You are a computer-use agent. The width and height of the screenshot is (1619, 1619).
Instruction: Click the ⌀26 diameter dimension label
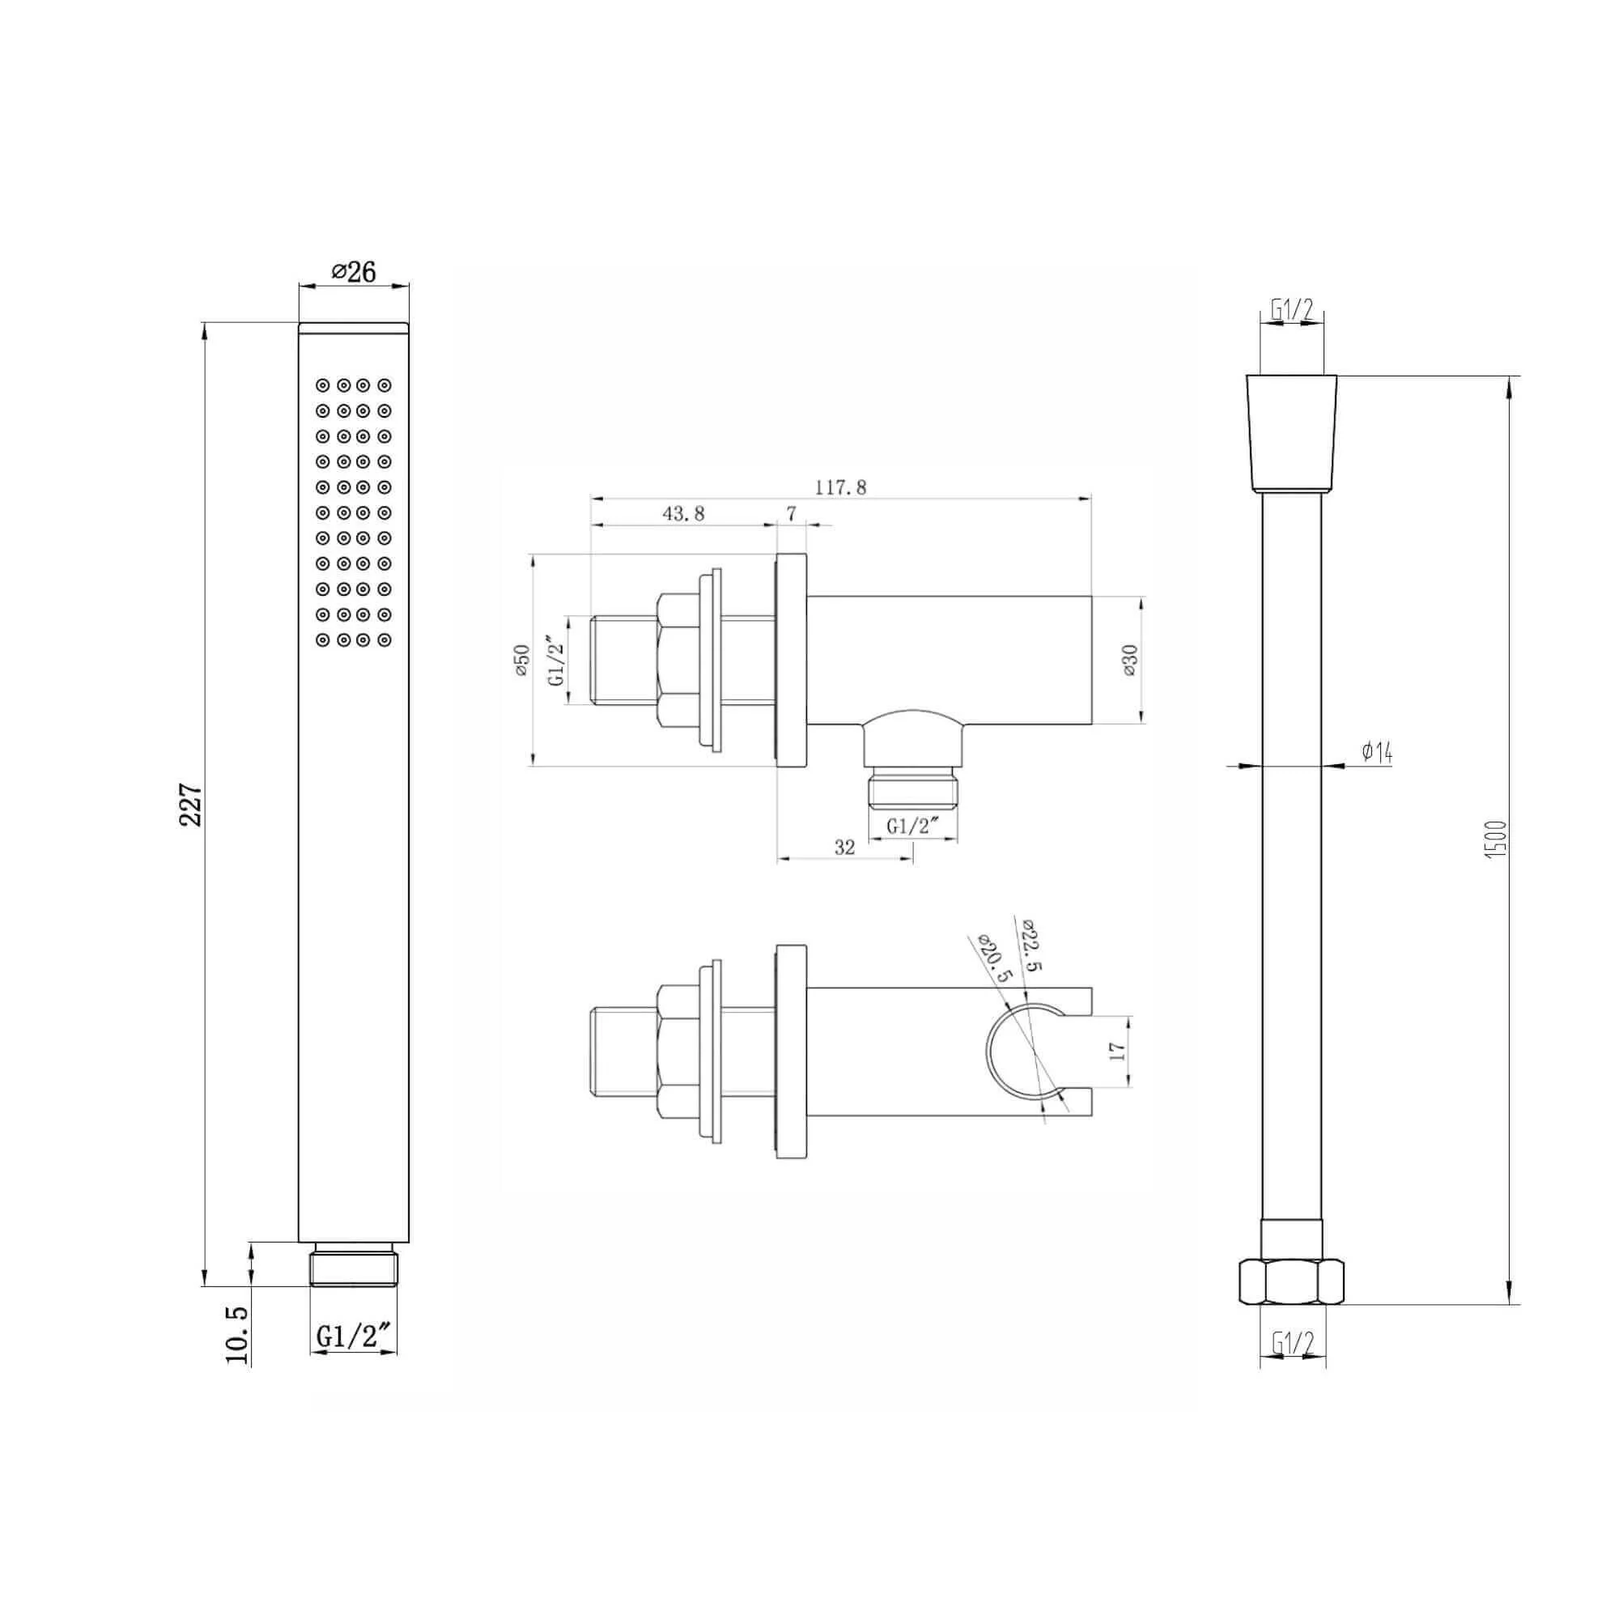click(354, 271)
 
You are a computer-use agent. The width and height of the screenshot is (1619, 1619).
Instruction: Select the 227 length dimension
click(192, 805)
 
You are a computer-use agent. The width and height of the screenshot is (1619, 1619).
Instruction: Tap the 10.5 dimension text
click(238, 1335)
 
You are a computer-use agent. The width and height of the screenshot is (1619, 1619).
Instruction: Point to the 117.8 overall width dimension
click(840, 487)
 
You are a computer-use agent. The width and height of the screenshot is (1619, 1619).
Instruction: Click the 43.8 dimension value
click(684, 514)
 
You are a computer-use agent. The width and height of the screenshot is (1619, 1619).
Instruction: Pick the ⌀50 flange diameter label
click(522, 661)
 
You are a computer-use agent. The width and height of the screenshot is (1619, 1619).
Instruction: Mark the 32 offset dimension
click(844, 848)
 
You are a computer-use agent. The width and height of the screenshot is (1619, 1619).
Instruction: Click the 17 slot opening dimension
click(1116, 1052)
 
